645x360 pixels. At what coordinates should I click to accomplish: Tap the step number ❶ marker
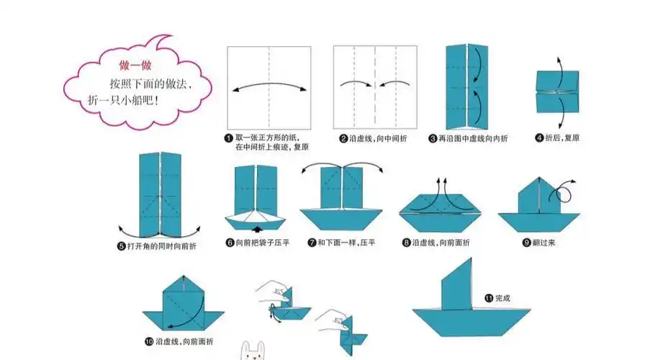coord(228,138)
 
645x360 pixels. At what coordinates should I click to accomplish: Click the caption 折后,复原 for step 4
coord(562,138)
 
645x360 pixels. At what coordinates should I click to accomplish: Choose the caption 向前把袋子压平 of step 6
coord(262,243)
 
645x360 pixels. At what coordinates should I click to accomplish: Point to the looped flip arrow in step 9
coord(562,192)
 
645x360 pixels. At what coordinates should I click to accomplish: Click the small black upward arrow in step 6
coord(258,229)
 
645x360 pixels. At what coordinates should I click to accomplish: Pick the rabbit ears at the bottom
coord(249,350)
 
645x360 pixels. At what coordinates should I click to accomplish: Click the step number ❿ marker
coord(148,341)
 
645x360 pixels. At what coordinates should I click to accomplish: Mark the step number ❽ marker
coord(406,243)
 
